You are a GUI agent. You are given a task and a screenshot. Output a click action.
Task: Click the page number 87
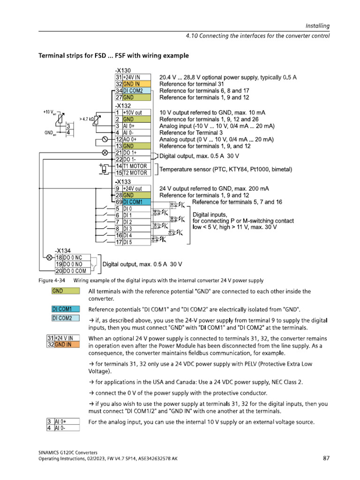(326, 458)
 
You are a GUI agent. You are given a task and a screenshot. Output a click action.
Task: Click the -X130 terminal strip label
(123, 70)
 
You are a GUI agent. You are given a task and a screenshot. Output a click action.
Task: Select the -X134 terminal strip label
(63, 251)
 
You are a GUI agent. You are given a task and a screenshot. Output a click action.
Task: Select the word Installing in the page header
(318, 26)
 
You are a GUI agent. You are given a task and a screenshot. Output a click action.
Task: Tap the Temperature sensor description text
(226, 169)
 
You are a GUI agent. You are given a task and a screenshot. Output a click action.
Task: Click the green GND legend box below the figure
(65, 292)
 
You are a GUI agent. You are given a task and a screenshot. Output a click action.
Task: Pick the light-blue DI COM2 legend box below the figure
(65, 318)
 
